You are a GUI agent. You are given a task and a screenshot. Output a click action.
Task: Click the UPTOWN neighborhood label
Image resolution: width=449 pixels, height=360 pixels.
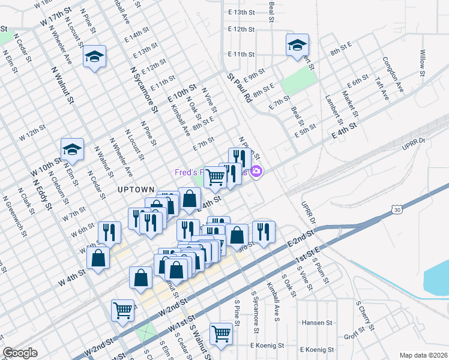pos(136,189)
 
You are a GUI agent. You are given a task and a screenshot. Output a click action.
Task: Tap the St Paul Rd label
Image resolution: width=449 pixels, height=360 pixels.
pos(239,88)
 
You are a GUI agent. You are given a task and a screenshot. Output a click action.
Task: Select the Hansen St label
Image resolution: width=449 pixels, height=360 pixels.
pos(316,322)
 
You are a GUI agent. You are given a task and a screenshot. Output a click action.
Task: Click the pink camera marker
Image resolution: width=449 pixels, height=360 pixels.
pos(256,172)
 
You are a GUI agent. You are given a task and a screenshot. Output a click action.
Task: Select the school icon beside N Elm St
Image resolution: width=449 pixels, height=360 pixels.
pos(72,150)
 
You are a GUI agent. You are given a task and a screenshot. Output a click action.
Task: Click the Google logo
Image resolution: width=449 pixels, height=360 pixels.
pos(20,353)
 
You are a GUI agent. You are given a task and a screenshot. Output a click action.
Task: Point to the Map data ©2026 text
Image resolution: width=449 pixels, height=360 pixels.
pos(423,355)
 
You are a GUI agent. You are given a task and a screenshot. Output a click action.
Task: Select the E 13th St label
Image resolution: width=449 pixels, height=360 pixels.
pos(242,12)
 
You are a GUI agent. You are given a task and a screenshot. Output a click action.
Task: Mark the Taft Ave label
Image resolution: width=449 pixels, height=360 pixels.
pos(382,88)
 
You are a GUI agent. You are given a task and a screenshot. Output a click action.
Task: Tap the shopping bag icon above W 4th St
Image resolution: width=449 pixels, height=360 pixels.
pos(98,257)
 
